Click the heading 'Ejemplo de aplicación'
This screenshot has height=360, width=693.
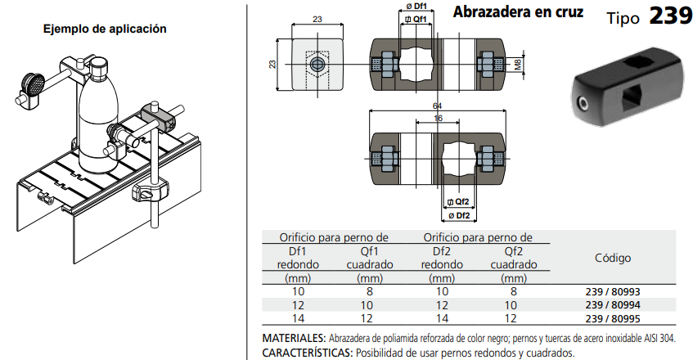click(105, 29)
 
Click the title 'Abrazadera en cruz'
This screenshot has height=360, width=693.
click(518, 12)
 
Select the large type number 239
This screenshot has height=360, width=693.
click(670, 16)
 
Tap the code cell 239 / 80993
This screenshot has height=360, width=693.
click(613, 292)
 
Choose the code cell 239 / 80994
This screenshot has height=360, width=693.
click(613, 305)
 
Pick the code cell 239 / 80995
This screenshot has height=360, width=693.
click(613, 318)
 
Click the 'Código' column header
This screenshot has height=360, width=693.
click(613, 258)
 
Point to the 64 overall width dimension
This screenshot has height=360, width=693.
click(437, 106)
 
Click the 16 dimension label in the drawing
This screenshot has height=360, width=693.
click(438, 118)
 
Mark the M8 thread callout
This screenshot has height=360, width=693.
click(519, 65)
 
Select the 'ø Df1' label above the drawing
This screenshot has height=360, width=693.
click(416, 7)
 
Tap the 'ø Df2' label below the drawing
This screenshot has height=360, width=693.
click(459, 215)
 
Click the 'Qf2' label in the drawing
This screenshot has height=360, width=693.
click(458, 202)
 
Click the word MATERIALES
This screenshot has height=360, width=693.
click(294, 339)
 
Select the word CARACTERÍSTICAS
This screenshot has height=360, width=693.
click(307, 353)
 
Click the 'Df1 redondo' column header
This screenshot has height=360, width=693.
click(298, 258)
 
